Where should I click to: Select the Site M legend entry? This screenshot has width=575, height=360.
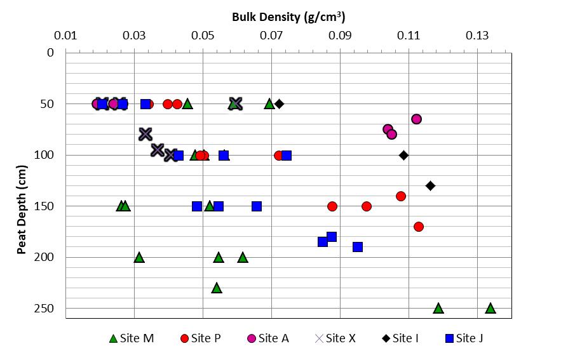point(132,338)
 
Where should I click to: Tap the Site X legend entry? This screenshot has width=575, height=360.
point(334,338)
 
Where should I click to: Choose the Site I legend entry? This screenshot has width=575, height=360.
point(400,338)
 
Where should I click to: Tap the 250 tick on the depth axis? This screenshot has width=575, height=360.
point(46,309)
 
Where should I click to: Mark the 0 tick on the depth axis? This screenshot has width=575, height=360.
point(51,53)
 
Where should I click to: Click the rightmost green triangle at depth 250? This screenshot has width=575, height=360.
point(490,308)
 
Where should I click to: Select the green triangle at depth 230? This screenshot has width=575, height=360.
point(217,288)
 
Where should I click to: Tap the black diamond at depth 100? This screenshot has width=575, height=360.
point(403,155)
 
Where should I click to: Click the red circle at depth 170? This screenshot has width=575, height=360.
point(419,227)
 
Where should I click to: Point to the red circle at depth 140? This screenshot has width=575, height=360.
point(401,196)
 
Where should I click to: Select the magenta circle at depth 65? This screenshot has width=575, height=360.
point(416,119)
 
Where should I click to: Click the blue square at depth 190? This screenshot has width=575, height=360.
point(358,247)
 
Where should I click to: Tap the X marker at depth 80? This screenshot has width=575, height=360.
point(145,134)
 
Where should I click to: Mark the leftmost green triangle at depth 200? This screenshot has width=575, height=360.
point(139,257)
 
